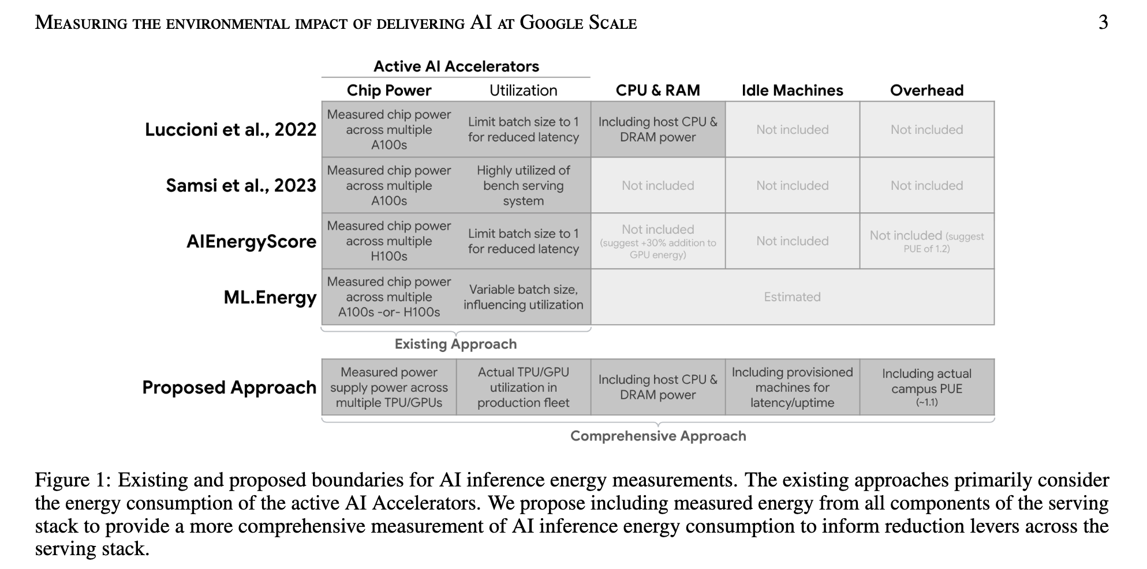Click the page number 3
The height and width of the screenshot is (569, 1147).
click(1103, 23)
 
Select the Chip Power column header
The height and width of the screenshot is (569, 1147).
click(389, 91)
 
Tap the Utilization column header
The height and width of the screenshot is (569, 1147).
click(523, 91)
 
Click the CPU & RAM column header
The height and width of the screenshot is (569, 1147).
click(657, 91)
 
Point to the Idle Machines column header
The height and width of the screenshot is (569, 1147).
click(792, 91)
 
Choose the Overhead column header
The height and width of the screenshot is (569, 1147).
click(926, 91)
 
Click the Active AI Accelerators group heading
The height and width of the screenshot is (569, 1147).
click(456, 66)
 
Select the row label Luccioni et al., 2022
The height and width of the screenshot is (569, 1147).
click(230, 129)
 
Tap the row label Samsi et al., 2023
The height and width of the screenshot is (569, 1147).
click(241, 185)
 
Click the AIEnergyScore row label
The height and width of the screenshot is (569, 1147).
click(251, 241)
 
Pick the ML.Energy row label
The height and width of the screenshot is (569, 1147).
click(270, 297)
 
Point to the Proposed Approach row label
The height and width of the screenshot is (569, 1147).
click(229, 387)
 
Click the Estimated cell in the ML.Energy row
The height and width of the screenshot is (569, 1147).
click(792, 297)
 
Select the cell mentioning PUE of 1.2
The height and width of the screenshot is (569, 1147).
click(926, 241)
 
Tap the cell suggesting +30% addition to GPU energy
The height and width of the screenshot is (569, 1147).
click(657, 241)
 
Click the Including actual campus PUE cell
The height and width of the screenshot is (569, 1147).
click(926, 387)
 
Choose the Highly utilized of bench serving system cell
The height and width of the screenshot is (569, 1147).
click(523, 185)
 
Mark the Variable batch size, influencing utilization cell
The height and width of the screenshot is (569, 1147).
click(523, 297)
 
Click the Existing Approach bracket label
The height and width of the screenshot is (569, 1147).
click(455, 344)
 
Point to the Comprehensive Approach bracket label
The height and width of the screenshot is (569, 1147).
click(658, 436)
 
